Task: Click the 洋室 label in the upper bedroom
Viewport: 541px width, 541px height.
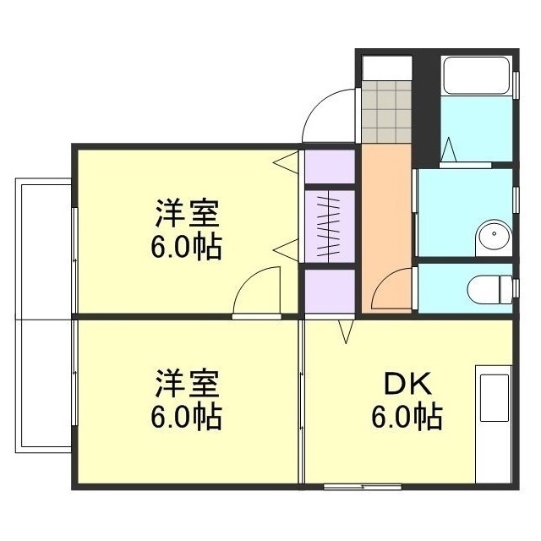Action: click(187, 213)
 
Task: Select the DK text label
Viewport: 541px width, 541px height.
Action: click(409, 385)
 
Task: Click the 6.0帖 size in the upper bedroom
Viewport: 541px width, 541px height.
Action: click(187, 246)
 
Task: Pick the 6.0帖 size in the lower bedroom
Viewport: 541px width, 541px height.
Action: click(187, 417)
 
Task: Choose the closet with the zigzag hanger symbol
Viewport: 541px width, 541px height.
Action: click(328, 222)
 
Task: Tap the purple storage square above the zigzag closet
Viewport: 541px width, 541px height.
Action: click(328, 167)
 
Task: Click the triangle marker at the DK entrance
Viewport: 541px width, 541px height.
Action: click(347, 331)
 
